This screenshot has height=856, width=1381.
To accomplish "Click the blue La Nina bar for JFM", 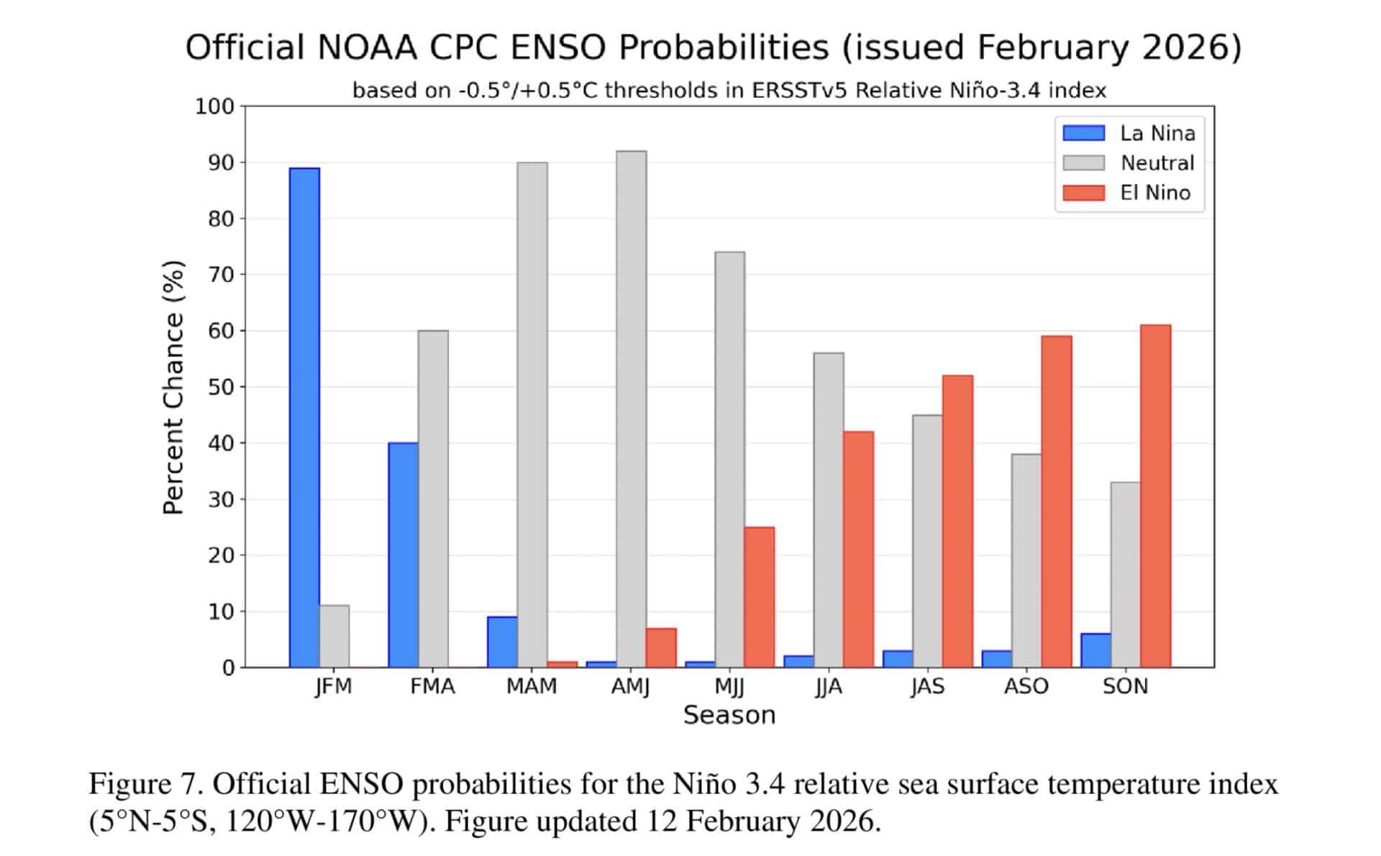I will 304,417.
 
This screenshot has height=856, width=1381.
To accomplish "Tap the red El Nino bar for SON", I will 1155,496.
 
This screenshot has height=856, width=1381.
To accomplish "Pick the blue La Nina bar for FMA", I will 403,555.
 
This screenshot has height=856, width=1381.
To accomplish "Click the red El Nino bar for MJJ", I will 759,597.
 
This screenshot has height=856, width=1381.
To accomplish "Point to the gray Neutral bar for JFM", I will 334,636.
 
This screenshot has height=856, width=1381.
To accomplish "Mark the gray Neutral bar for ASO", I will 1026,560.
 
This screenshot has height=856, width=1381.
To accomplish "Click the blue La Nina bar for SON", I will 1095,650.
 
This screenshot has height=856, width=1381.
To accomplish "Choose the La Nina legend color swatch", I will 1083,133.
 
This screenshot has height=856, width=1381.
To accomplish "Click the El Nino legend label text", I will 1155,193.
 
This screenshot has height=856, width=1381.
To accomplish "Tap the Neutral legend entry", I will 1157,163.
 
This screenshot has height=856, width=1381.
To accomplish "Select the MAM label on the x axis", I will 532,686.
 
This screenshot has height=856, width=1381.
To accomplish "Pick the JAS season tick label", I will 927,686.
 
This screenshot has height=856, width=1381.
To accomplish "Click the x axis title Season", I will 729,715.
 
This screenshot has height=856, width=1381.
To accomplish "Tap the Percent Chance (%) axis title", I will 173,387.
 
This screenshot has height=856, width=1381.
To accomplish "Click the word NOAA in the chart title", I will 366,48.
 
